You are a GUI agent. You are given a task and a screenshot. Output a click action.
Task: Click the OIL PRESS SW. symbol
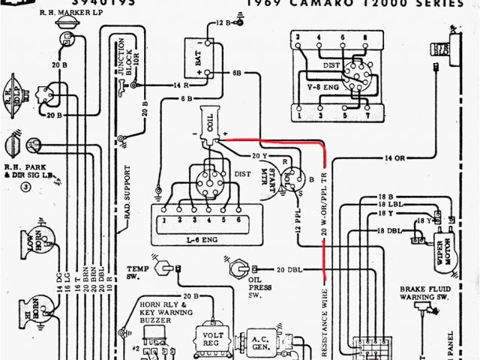click(x=238, y=268)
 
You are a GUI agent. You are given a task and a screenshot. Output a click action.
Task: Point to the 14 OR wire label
click(x=394, y=158)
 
